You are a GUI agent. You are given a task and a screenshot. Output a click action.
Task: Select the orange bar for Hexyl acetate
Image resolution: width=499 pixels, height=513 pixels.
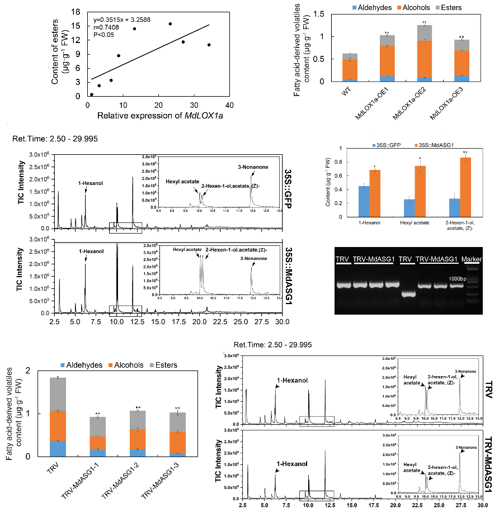click(x=417, y=189)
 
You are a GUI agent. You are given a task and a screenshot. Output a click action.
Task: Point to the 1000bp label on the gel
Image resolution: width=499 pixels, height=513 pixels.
click(x=459, y=278)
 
